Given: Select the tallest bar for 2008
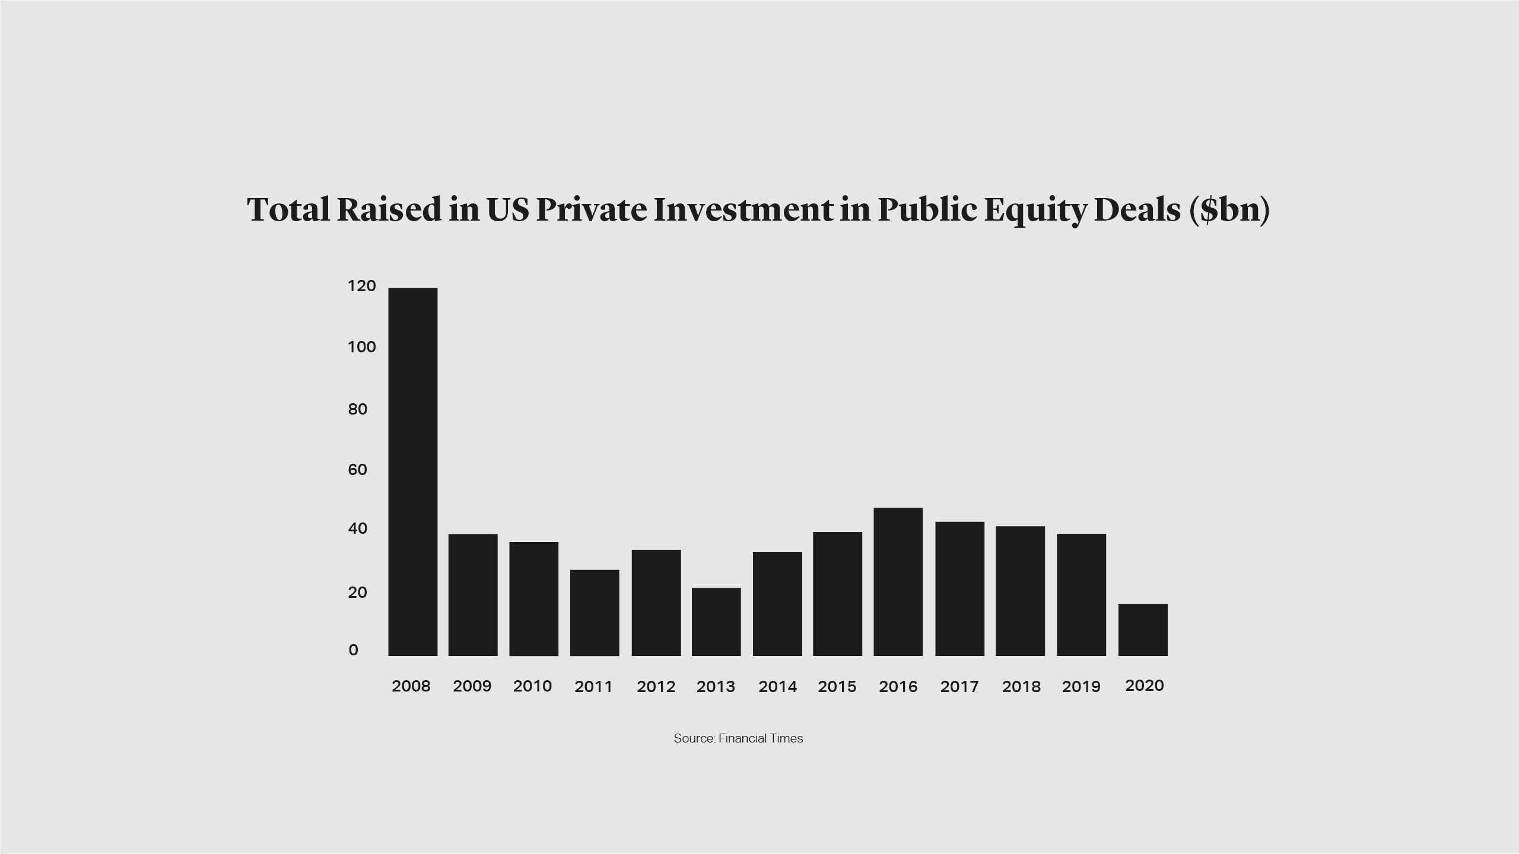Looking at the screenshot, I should pos(412,471).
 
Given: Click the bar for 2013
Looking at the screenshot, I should pos(716,622).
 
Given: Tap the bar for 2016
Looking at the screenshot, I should pos(898,581).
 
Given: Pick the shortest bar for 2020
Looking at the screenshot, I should pos(1143,629).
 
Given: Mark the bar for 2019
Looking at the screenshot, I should pos(1081,594).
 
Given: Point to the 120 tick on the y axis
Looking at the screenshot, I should pos(361,286).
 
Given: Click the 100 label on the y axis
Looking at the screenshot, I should pos(361,347).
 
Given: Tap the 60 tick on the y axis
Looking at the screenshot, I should pos(357,470).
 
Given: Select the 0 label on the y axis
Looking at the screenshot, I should pos(354,650).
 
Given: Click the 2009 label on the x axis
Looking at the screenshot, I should pos(472,686).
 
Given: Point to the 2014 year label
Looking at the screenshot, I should pos(777,687).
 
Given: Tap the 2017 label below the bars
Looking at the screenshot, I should pos(959,687).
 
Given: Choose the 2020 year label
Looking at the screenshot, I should pos(1144,686).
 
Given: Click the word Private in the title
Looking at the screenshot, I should pos(591,209).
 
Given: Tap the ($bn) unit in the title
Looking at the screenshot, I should pos(1229,211).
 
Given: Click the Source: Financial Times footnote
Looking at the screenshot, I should pos(738,738).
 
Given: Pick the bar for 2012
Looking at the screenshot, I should pos(656,602).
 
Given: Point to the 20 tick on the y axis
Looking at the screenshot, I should pos(357,592).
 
